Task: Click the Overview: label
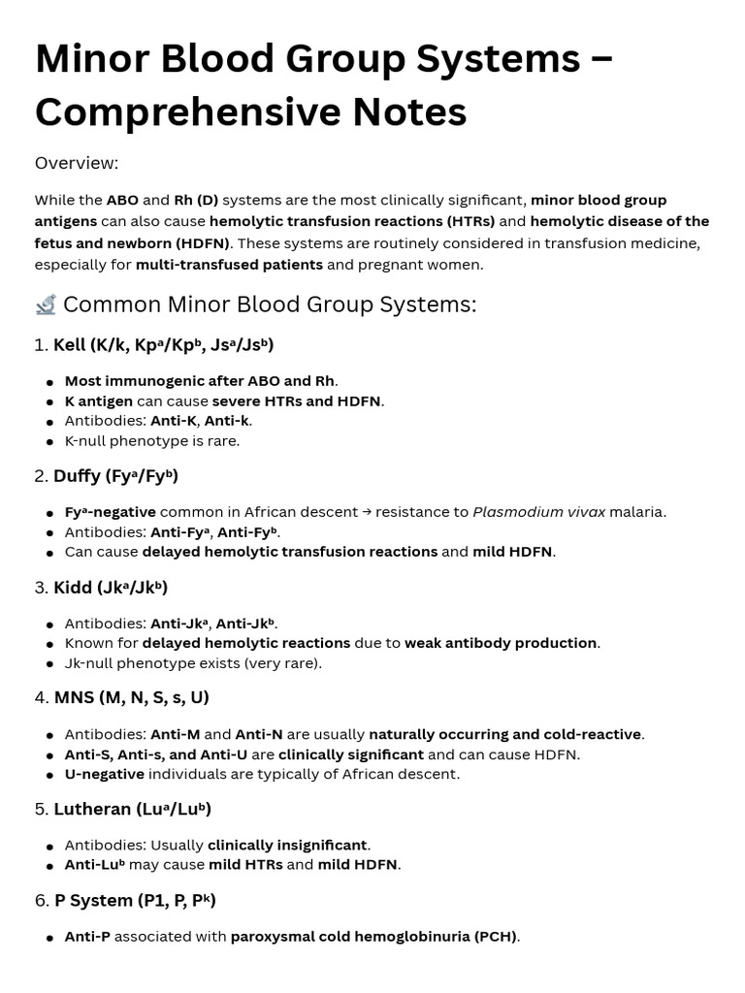tap(77, 163)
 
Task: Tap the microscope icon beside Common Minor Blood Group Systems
tap(46, 305)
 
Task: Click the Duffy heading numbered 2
tap(115, 476)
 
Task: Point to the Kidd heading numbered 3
tap(111, 588)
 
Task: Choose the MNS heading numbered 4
tap(131, 698)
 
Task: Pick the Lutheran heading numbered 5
tap(132, 810)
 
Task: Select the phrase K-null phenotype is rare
tap(151, 441)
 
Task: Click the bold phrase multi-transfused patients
tap(229, 265)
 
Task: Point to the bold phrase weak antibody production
tap(501, 643)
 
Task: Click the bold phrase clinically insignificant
tap(287, 846)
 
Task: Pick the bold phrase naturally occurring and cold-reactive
tap(505, 735)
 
